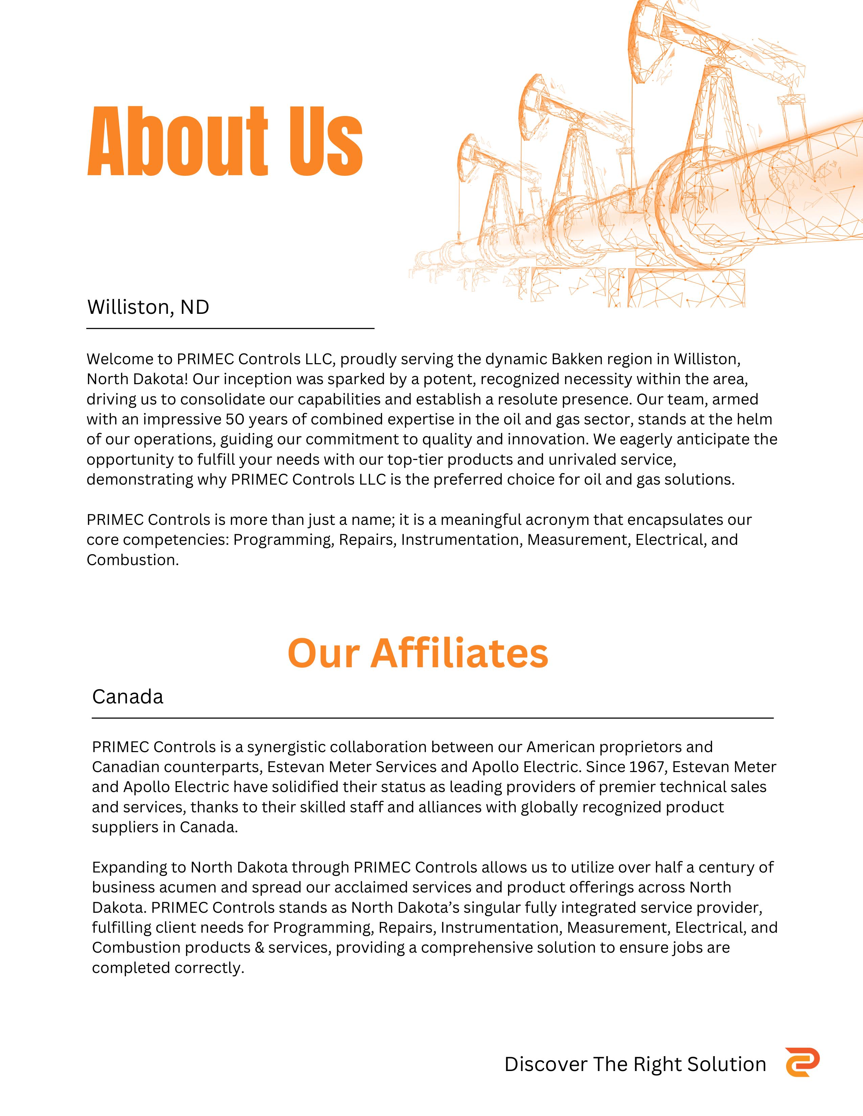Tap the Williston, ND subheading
click(x=148, y=307)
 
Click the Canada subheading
click(x=128, y=696)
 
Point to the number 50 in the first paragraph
click(x=236, y=419)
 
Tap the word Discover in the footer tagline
click(x=546, y=1064)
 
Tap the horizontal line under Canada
click(x=433, y=718)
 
